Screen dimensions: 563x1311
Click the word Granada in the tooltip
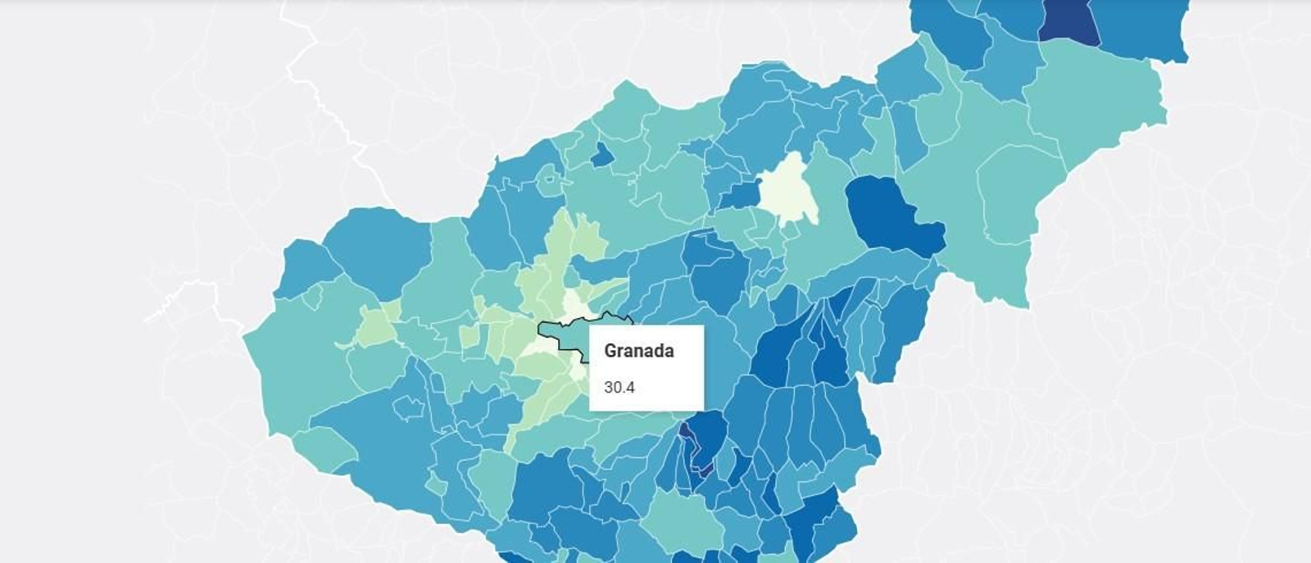[638, 351]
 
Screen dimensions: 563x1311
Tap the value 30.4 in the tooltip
[619, 388]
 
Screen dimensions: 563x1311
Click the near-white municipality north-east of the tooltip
[788, 188]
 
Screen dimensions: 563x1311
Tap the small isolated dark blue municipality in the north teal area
[602, 154]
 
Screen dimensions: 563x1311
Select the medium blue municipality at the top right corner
[1147, 29]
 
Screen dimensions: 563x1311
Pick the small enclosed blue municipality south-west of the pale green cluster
[407, 407]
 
